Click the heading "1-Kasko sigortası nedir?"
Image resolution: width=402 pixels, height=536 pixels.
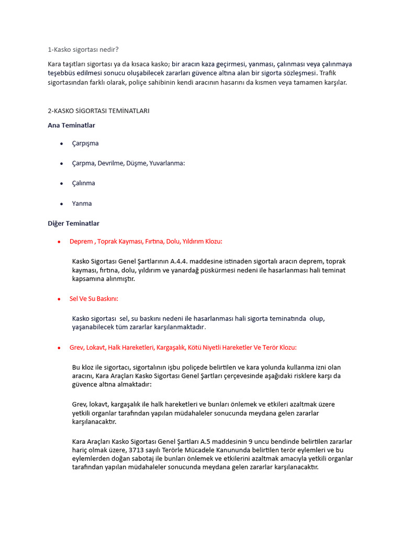(x=83, y=50)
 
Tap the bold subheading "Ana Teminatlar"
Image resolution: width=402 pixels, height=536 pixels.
(x=72, y=125)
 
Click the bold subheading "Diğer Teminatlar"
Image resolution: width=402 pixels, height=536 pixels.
(x=74, y=224)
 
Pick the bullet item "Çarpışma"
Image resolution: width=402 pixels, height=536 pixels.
(x=85, y=143)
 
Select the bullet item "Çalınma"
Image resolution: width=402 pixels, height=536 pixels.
(x=84, y=183)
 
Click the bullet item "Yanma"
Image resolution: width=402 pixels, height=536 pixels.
(x=82, y=204)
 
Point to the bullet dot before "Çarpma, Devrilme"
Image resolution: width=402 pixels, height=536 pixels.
(x=62, y=164)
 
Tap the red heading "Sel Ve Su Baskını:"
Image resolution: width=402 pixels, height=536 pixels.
(x=94, y=299)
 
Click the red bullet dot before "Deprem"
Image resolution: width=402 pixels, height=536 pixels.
(x=59, y=242)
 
